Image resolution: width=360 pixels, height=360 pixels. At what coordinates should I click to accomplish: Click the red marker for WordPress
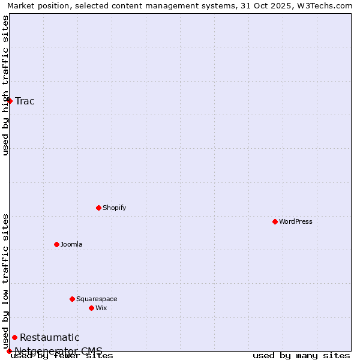pos(275,221)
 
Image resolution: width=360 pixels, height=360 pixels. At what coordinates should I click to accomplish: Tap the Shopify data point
pos(98,208)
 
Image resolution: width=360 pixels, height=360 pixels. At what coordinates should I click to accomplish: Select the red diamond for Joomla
pos(56,244)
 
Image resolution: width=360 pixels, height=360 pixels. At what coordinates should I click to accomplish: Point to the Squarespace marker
pos(72,299)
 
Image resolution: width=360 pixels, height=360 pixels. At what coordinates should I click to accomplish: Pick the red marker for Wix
pos(91,308)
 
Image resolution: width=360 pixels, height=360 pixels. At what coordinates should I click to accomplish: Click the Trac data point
pos(10,101)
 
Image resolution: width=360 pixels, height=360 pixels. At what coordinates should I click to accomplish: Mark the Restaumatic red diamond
pos(14,337)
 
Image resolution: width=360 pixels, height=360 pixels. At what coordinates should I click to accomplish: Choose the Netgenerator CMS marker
pos(9,351)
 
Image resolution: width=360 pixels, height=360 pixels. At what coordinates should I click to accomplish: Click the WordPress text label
pos(296,221)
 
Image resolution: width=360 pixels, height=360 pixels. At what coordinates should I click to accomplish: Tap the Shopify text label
pos(114,208)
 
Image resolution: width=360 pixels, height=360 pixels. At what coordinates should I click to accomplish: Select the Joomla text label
pos(71,244)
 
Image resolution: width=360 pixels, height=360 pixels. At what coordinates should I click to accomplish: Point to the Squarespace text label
pos(97,299)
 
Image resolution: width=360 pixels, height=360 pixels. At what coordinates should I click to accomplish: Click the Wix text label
pos(101,308)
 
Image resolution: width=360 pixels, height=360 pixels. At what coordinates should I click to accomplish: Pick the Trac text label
pos(25,101)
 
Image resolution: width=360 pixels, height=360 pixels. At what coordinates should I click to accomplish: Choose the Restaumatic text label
pos(50,337)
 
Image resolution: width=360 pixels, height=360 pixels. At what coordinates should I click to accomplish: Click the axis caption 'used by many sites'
pos(301,356)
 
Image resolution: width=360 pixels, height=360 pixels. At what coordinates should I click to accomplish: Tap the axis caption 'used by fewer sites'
pos(62,356)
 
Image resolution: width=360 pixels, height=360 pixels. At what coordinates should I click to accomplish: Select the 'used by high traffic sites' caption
pos(5,85)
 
